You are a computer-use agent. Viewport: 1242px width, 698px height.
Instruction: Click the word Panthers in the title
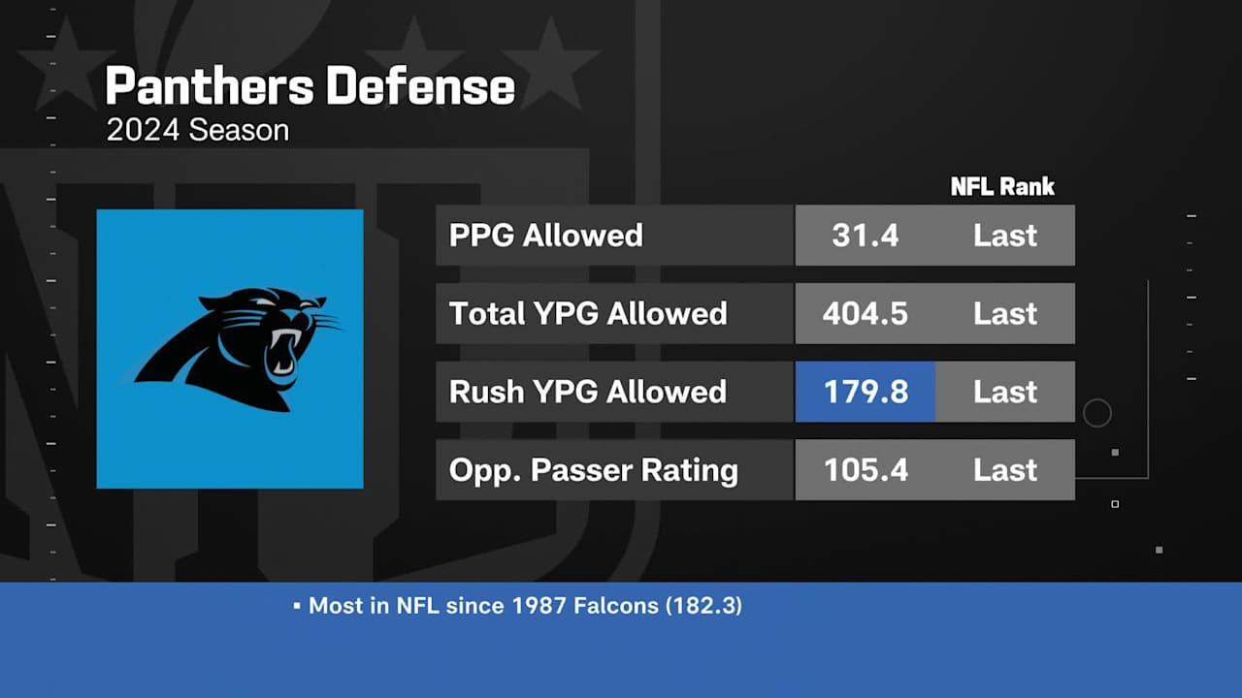point(210,87)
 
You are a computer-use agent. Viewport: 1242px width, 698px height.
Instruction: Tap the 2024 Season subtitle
point(197,131)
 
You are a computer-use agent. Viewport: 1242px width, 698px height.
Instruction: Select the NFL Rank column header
point(1001,186)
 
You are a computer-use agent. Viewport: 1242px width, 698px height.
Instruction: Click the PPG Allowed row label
point(545,236)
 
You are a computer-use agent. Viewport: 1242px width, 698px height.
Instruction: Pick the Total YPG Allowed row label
point(587,314)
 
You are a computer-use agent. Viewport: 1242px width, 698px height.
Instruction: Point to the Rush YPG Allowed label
point(587,392)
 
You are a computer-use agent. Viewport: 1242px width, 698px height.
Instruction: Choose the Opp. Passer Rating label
point(593,470)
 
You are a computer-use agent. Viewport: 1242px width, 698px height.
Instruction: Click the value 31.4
point(865,236)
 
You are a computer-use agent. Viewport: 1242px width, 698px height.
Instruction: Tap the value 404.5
point(865,314)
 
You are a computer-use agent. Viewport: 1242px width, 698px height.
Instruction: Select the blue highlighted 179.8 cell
point(865,392)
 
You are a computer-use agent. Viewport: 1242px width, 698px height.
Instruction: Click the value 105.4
point(865,470)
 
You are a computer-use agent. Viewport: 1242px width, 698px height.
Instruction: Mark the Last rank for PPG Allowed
point(1005,236)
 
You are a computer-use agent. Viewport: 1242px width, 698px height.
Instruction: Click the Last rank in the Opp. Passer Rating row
point(1005,470)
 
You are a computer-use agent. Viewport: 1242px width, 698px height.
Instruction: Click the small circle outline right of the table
point(1096,414)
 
